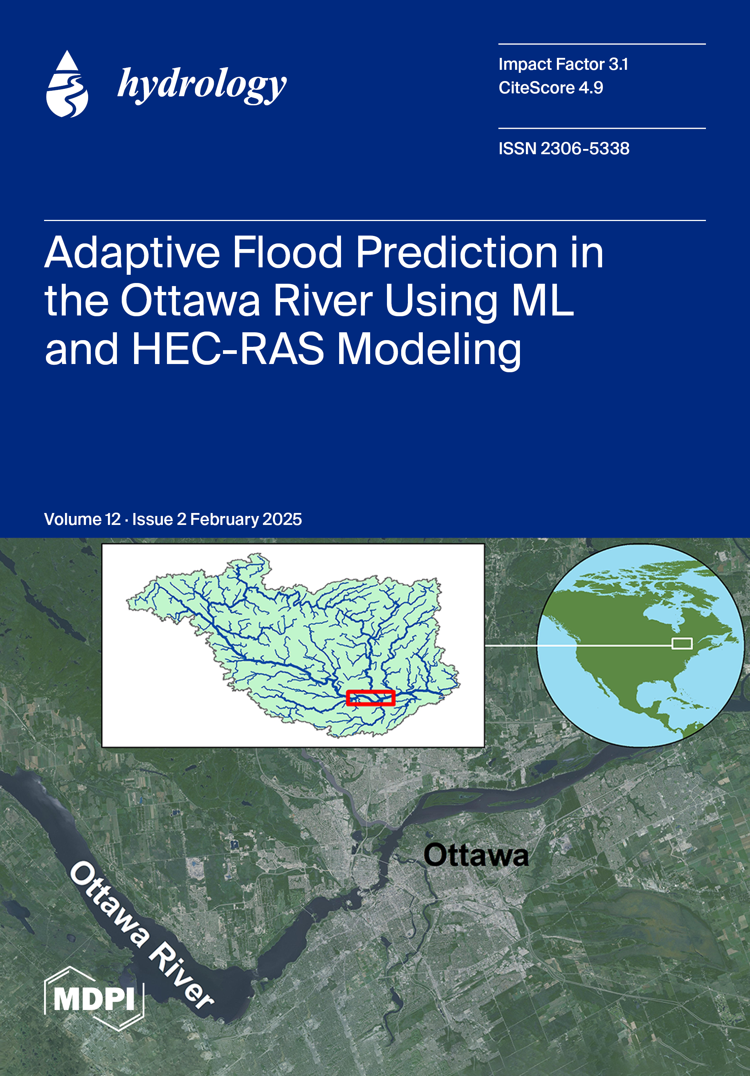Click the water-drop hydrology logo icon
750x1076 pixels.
[x=67, y=84]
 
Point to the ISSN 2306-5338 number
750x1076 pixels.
[x=564, y=149]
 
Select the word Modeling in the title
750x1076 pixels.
[x=429, y=351]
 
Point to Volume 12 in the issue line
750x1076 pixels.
[x=82, y=519]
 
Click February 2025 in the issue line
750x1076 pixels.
[x=246, y=520]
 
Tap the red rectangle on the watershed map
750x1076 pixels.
[x=370, y=698]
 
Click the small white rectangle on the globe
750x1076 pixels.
[x=682, y=643]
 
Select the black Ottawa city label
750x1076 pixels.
[x=476, y=855]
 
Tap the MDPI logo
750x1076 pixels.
[x=94, y=999]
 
